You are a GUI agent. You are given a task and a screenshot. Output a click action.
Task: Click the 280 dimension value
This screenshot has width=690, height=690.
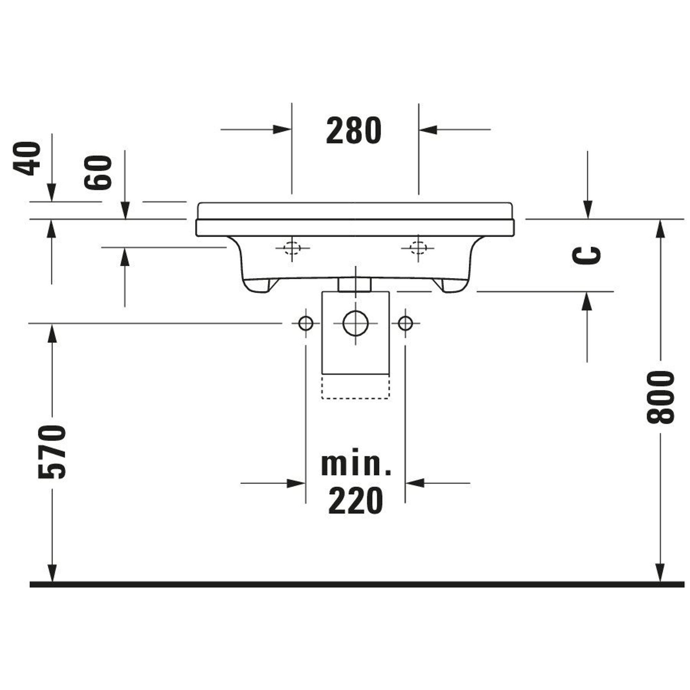point(354,130)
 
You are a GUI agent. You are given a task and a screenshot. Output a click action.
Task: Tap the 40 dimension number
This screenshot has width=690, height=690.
point(27,159)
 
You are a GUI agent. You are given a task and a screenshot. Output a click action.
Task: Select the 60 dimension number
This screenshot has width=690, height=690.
point(98,172)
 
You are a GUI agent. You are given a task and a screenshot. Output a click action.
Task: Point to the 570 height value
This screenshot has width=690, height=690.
point(52,452)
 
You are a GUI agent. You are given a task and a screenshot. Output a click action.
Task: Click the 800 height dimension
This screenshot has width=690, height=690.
point(661,397)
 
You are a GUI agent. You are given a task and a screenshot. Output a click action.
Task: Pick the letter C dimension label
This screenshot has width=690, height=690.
point(586,255)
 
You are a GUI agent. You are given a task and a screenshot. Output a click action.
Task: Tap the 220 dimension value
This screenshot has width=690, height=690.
point(355,501)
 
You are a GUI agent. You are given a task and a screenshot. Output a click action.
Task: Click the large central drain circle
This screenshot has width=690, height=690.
point(355,323)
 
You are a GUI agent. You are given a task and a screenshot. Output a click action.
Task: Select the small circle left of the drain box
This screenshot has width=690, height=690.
point(306,324)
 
